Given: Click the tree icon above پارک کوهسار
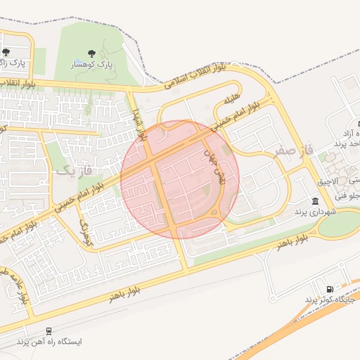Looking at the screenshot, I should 91,53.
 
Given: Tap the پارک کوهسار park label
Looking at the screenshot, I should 93,65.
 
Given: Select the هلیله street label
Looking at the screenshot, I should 232,99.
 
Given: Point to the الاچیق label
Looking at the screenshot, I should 327,181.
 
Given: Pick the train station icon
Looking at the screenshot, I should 49,330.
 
